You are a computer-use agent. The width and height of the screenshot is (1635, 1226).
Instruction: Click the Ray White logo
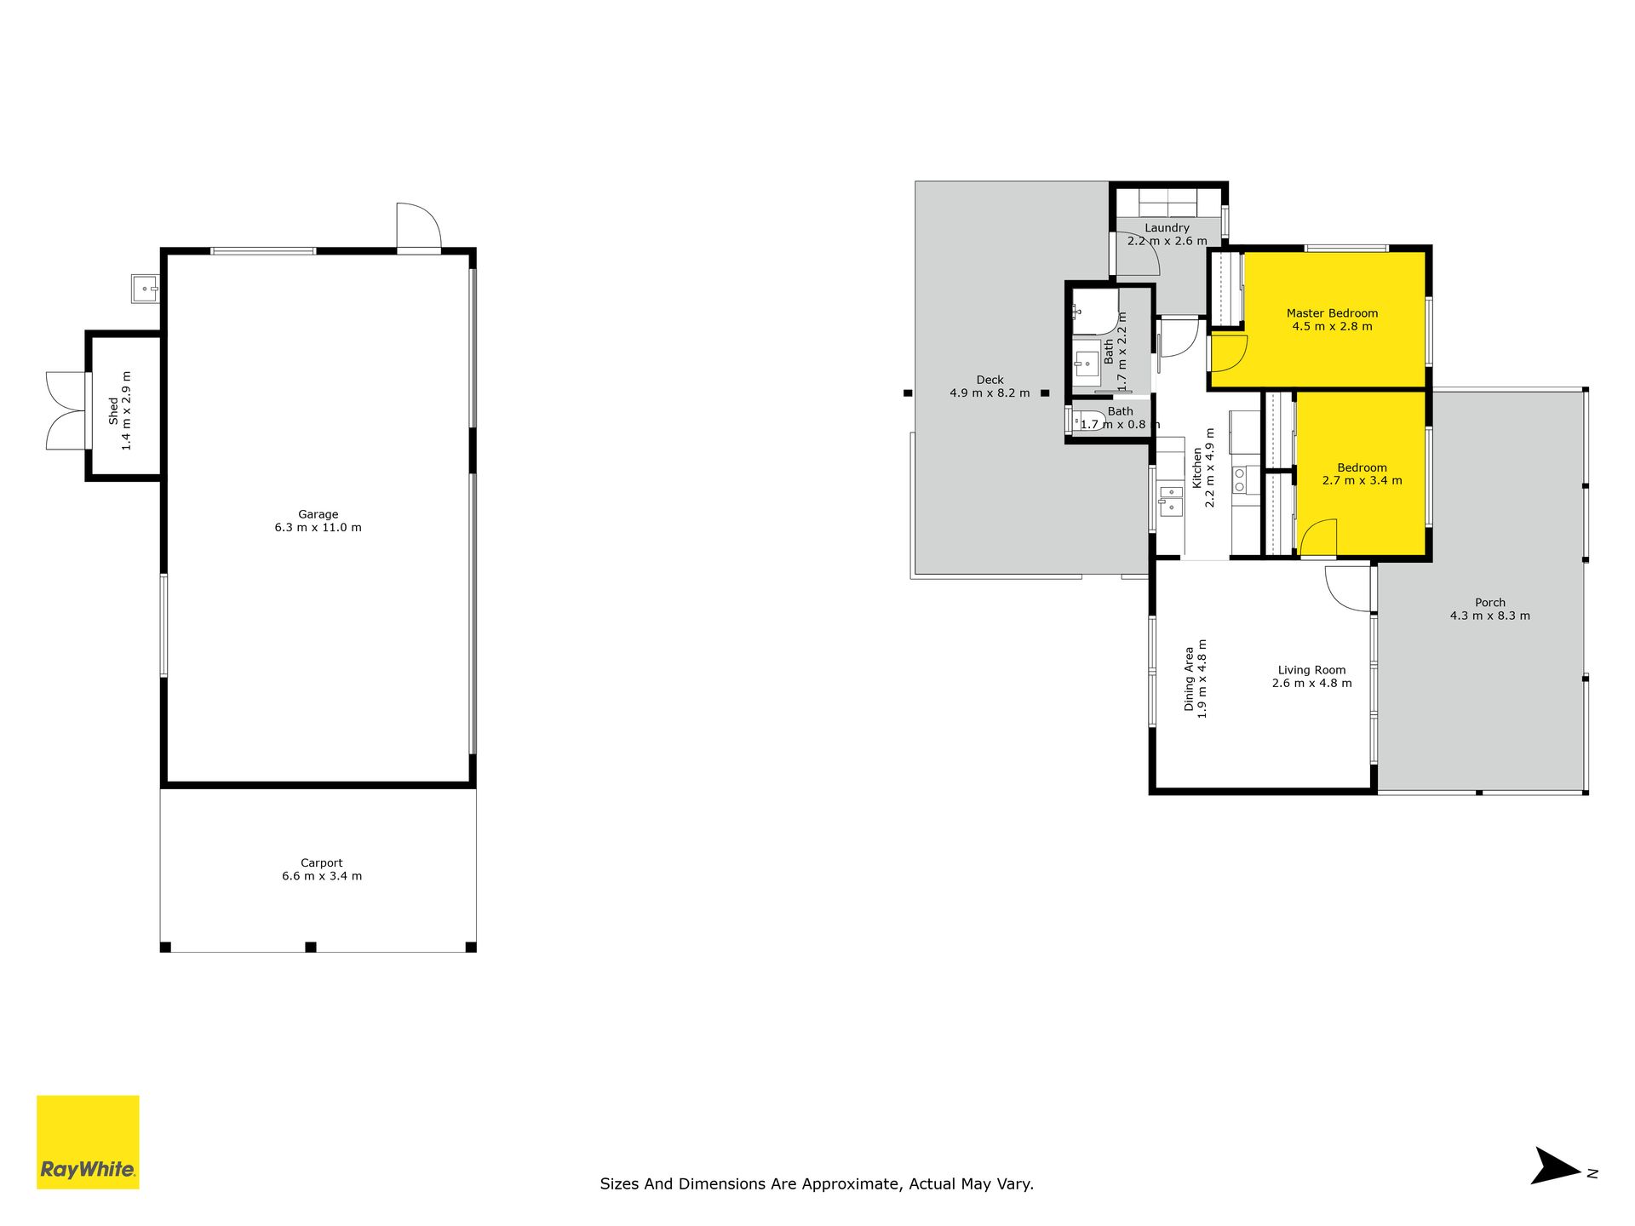point(88,1142)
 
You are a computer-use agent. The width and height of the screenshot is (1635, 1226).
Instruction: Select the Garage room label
point(318,514)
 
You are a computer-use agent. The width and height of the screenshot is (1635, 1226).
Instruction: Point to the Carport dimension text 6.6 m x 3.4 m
point(322,876)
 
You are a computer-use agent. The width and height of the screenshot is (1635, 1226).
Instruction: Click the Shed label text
point(114,410)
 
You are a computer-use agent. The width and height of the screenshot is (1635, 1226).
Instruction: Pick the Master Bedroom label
point(1332,313)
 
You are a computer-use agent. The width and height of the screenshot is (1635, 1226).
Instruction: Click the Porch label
point(1490,603)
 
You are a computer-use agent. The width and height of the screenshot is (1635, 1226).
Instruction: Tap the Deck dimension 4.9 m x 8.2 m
point(990,393)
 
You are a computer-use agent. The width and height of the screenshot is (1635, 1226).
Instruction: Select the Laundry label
point(1167,228)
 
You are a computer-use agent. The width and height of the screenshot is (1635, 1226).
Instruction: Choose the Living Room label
point(1311,670)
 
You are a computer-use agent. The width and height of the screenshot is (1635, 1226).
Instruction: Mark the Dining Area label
point(1189,679)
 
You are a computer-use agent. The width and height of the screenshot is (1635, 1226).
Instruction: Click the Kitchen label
point(1196,467)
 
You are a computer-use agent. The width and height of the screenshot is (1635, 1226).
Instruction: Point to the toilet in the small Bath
point(1086,421)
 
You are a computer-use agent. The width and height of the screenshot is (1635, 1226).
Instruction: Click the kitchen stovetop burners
point(1240,480)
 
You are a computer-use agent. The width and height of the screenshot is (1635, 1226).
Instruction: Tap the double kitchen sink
point(1170,500)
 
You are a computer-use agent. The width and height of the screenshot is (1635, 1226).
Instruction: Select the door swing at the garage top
point(419,226)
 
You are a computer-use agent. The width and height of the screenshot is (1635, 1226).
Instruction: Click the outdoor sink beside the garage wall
point(145,289)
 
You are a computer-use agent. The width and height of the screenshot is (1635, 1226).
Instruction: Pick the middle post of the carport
point(311,947)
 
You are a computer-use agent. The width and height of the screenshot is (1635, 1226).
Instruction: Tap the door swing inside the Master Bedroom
point(1228,353)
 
